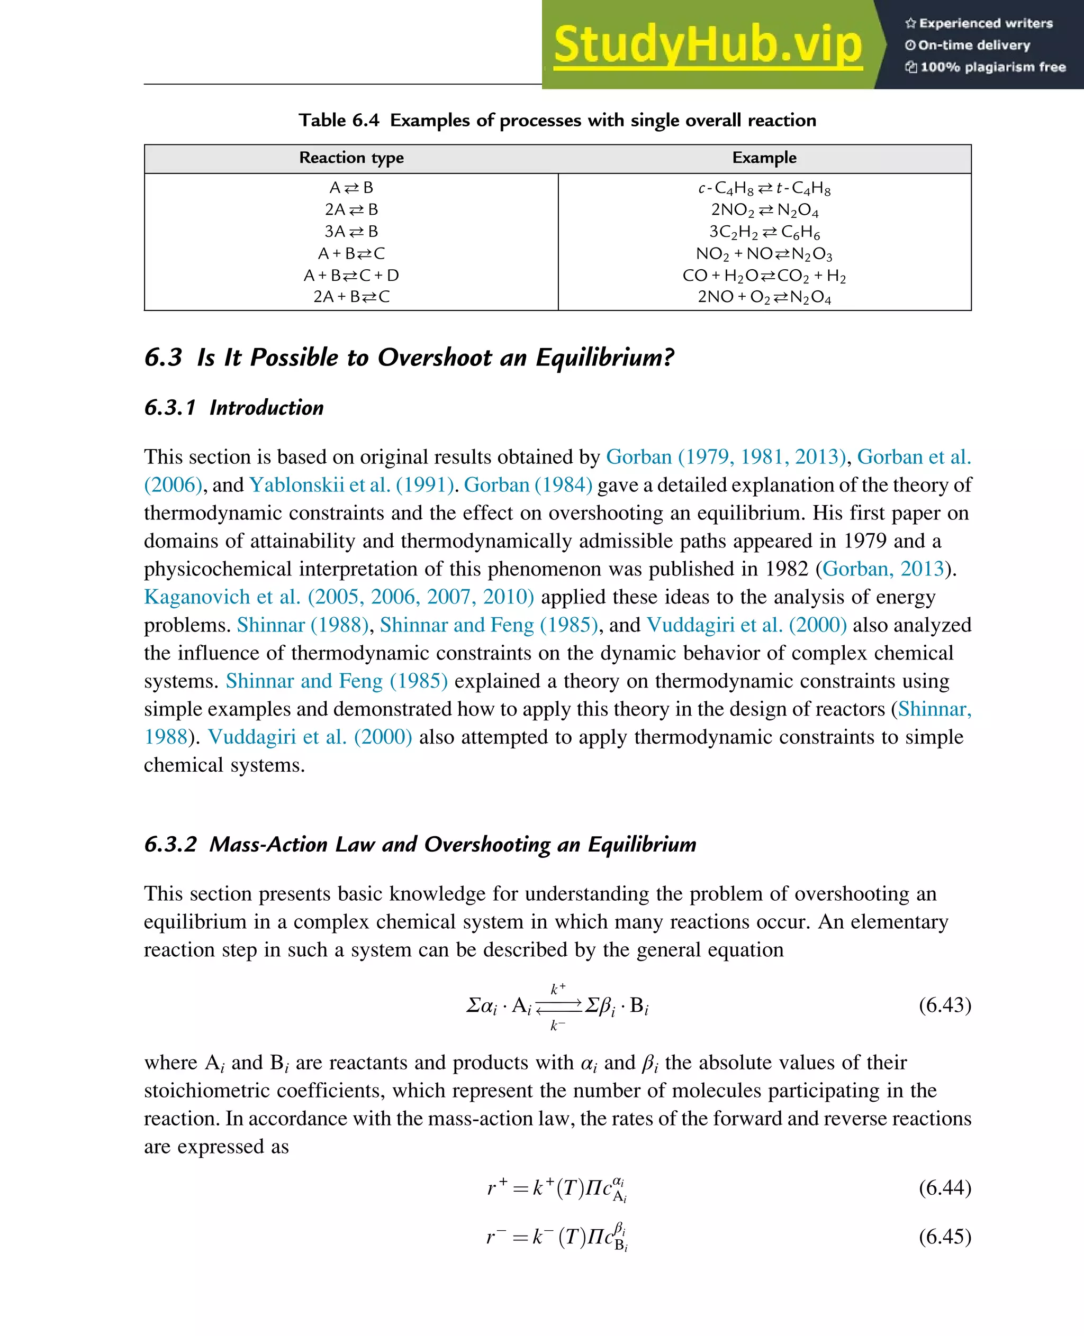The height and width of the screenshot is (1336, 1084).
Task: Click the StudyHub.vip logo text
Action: [708, 45]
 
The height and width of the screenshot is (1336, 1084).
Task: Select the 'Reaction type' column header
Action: [351, 158]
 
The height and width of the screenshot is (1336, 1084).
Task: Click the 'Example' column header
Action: [764, 158]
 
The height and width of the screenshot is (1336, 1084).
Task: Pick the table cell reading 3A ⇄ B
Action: [351, 232]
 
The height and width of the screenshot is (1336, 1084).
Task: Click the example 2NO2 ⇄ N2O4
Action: [764, 211]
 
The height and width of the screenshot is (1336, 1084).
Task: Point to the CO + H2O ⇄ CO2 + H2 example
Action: [764, 276]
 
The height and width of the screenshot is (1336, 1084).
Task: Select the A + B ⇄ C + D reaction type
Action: [351, 275]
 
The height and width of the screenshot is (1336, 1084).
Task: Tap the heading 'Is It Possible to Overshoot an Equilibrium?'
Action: [435, 358]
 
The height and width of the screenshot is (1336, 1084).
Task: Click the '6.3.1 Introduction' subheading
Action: [233, 407]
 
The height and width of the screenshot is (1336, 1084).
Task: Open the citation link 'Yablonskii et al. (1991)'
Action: [351, 485]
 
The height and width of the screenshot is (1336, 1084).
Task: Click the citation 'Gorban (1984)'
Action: [528, 485]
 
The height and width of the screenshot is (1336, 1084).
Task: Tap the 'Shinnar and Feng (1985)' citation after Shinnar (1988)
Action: [489, 625]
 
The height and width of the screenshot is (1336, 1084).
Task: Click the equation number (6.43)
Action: [944, 1005]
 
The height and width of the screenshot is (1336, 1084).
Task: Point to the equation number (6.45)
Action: [944, 1236]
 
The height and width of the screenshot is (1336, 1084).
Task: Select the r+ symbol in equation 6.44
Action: [496, 1187]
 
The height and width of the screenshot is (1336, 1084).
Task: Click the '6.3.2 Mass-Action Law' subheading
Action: [420, 844]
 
